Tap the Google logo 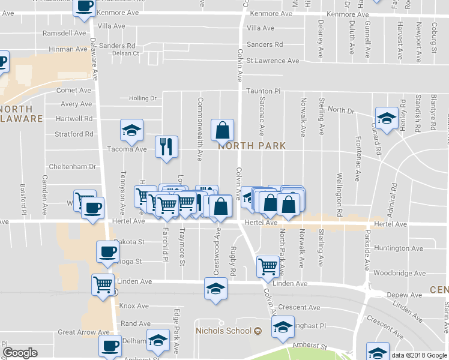coord(20,353)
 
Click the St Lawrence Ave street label coord(273,61)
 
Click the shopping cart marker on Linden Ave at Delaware coord(103,284)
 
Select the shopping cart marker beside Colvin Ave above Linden coord(268,265)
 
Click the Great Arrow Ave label coord(83,332)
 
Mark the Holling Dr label coord(142,98)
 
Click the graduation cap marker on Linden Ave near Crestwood coord(216,287)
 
